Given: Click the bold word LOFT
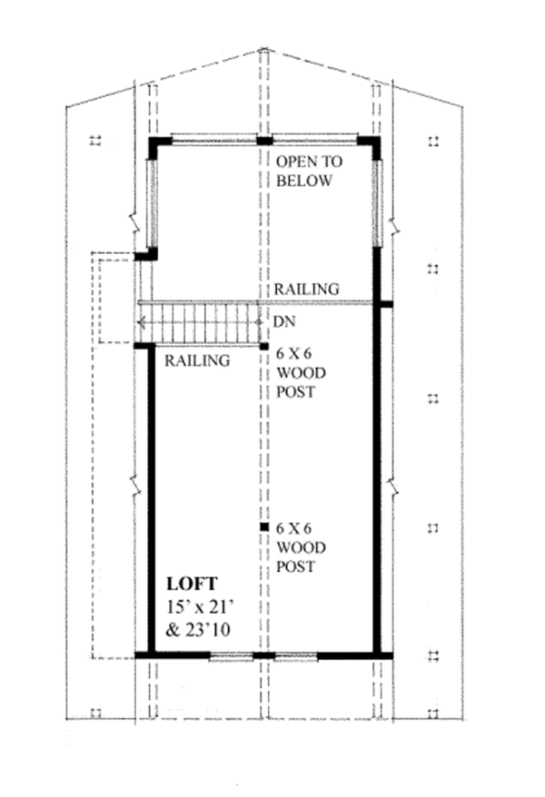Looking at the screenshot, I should (x=192, y=584).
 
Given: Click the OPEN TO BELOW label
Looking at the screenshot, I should (x=305, y=171).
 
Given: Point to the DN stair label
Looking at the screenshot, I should (x=282, y=321).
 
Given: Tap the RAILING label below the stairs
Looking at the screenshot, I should (x=196, y=360).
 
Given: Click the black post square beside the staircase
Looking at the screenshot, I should (x=263, y=346).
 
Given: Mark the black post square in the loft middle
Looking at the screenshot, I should (x=263, y=526).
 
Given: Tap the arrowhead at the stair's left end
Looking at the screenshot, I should (x=140, y=321).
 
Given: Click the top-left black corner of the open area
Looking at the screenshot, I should (x=158, y=143).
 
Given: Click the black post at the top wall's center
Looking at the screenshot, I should (x=263, y=141).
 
